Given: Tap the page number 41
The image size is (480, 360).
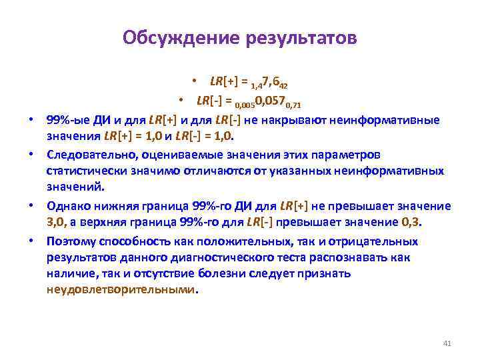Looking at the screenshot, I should (x=447, y=343).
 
